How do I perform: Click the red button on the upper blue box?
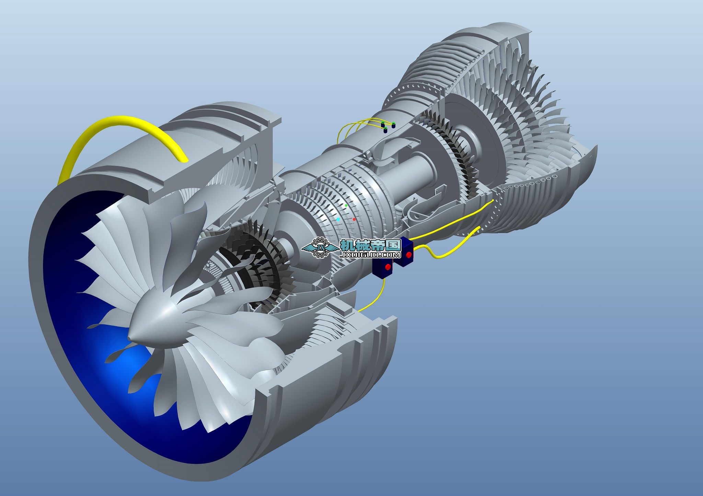[409, 255]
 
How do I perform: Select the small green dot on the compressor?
[346, 205]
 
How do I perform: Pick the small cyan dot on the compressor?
[338, 219]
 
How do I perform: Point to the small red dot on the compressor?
[354, 219]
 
